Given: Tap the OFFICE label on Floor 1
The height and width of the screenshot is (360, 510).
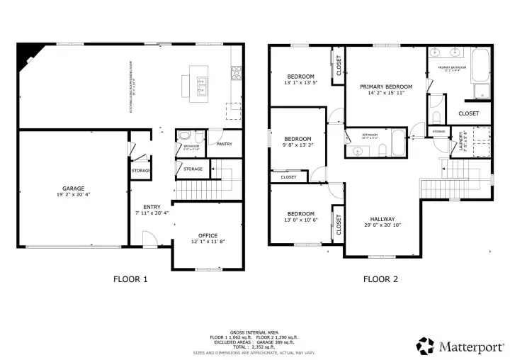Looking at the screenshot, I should click(208, 235).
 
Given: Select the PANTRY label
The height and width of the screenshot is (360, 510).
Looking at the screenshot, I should click(225, 144).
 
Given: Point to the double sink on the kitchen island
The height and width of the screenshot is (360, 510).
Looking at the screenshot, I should click(201, 86).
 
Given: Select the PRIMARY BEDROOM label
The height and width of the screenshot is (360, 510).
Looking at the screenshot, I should click(386, 87).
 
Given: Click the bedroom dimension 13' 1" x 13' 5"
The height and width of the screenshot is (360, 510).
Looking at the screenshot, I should click(301, 83).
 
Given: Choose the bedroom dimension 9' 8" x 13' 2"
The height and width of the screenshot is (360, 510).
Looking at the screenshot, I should click(298, 145).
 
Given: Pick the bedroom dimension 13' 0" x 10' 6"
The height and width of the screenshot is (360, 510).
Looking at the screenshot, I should click(300, 220).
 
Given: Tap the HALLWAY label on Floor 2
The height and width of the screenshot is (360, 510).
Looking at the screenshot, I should click(382, 219).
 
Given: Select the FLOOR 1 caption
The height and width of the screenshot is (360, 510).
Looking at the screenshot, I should click(131, 279).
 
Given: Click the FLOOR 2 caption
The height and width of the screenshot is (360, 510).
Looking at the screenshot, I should click(380, 279).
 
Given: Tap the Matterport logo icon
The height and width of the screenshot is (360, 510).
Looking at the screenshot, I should click(426, 345).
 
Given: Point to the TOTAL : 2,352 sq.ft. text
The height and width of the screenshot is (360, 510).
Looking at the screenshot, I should click(254, 347).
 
